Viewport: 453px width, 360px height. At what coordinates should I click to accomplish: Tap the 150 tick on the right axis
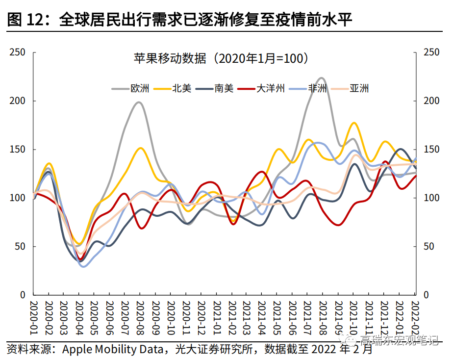(430, 150)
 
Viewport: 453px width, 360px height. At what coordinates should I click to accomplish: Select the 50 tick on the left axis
(20, 247)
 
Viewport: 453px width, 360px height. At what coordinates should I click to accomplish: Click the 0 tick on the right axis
(426, 295)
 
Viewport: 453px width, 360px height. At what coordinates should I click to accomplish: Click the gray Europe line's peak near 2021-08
(322, 78)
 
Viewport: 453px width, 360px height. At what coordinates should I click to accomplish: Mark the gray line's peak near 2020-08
(139, 102)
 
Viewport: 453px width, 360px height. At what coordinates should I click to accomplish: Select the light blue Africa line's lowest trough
(83, 266)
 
